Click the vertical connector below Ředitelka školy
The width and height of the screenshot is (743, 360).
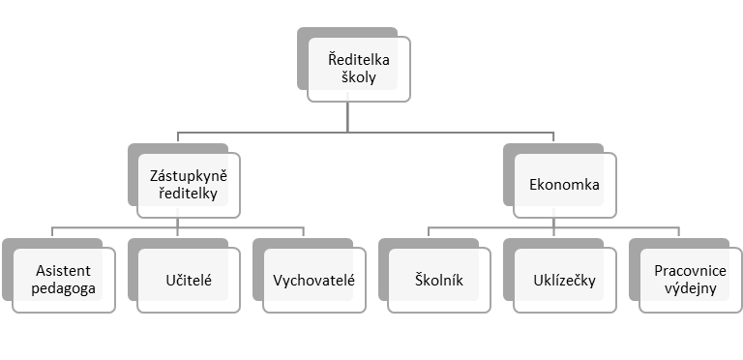tap(349, 111)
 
